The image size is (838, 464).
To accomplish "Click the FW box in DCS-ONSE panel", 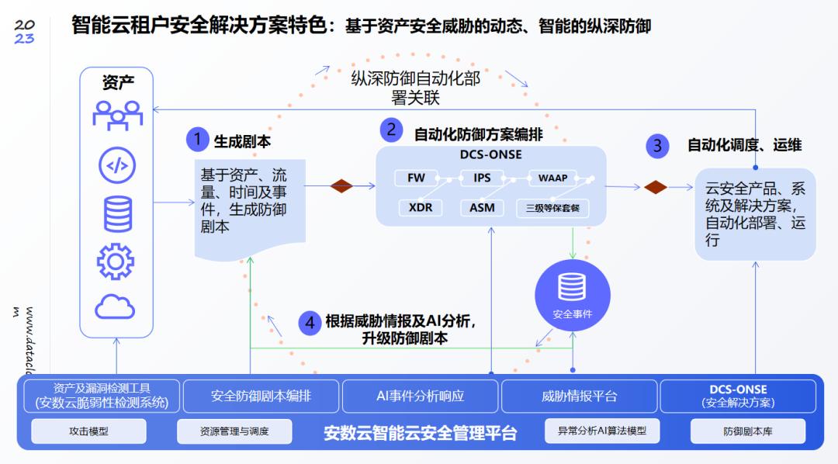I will click(416, 178).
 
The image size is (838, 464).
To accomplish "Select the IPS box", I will click(482, 178).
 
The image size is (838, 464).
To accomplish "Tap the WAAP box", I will click(552, 178).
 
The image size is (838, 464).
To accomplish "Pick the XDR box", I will click(420, 207).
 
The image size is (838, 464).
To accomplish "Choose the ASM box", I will click(482, 207).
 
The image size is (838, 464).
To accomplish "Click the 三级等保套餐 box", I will click(552, 207).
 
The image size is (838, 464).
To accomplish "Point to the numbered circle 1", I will click(197, 140).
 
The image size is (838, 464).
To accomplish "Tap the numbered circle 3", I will click(657, 145).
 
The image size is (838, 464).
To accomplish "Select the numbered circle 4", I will click(310, 323).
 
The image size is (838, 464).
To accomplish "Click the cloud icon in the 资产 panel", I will click(115, 307).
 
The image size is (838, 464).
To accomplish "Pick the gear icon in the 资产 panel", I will click(115, 261).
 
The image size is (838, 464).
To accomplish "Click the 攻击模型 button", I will click(88, 431).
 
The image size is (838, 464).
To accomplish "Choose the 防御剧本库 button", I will click(747, 431).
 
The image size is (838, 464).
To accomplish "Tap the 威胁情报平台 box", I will click(579, 396).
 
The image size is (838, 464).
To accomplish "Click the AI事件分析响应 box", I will click(420, 396).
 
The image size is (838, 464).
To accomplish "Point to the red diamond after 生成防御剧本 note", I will click(341, 186).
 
